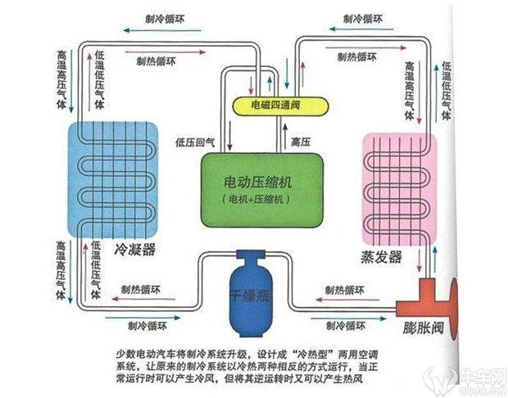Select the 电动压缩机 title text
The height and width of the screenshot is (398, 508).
tap(256, 180)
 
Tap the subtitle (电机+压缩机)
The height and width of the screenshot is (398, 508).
tap(256, 200)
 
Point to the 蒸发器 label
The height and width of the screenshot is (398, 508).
tap(383, 256)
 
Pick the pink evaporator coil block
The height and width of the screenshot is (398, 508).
tap(399, 184)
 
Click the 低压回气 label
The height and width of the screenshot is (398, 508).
tap(195, 142)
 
